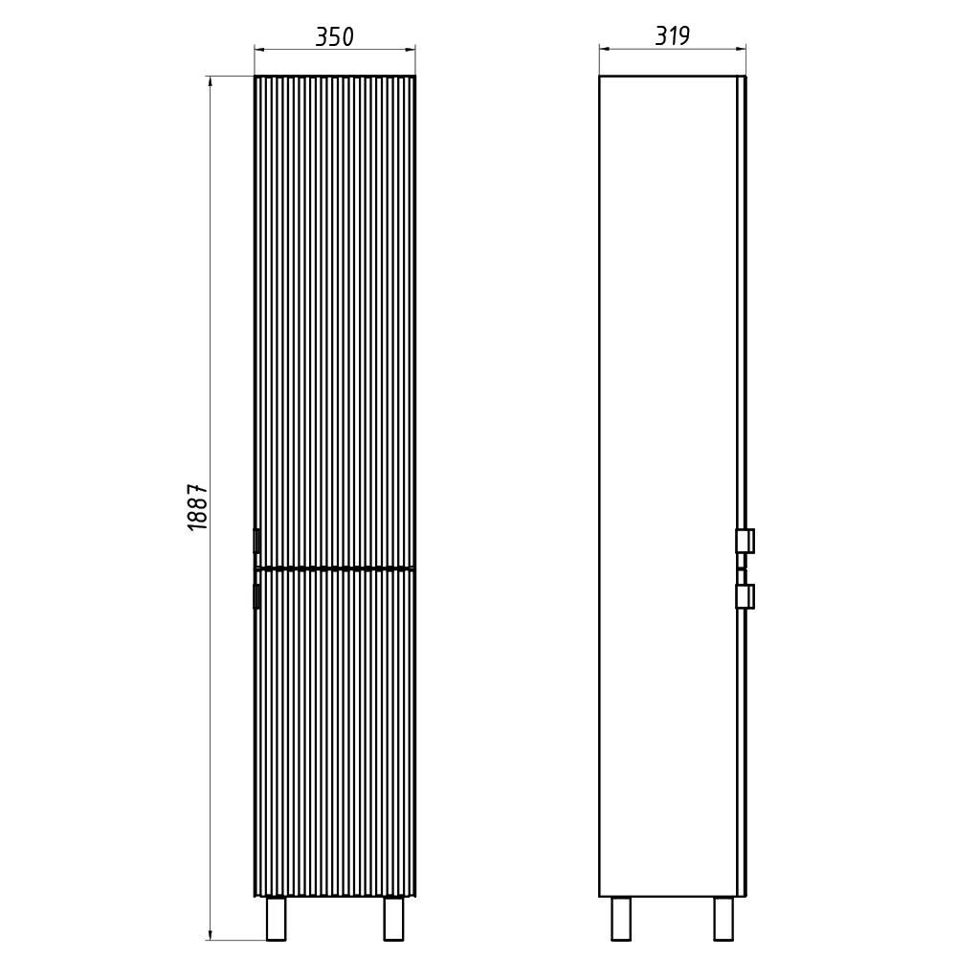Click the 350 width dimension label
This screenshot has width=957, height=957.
[334, 37]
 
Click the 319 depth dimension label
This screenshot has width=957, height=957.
[672, 36]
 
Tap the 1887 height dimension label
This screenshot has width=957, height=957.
[198, 507]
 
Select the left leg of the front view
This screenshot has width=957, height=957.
[276, 919]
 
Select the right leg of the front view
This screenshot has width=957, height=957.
[393, 919]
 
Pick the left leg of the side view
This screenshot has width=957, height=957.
[621, 919]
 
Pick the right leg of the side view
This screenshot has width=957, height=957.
[723, 919]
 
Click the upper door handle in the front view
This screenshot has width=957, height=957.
[256, 541]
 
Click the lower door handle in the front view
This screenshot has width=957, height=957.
[256, 596]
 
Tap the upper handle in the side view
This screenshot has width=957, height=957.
[746, 541]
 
